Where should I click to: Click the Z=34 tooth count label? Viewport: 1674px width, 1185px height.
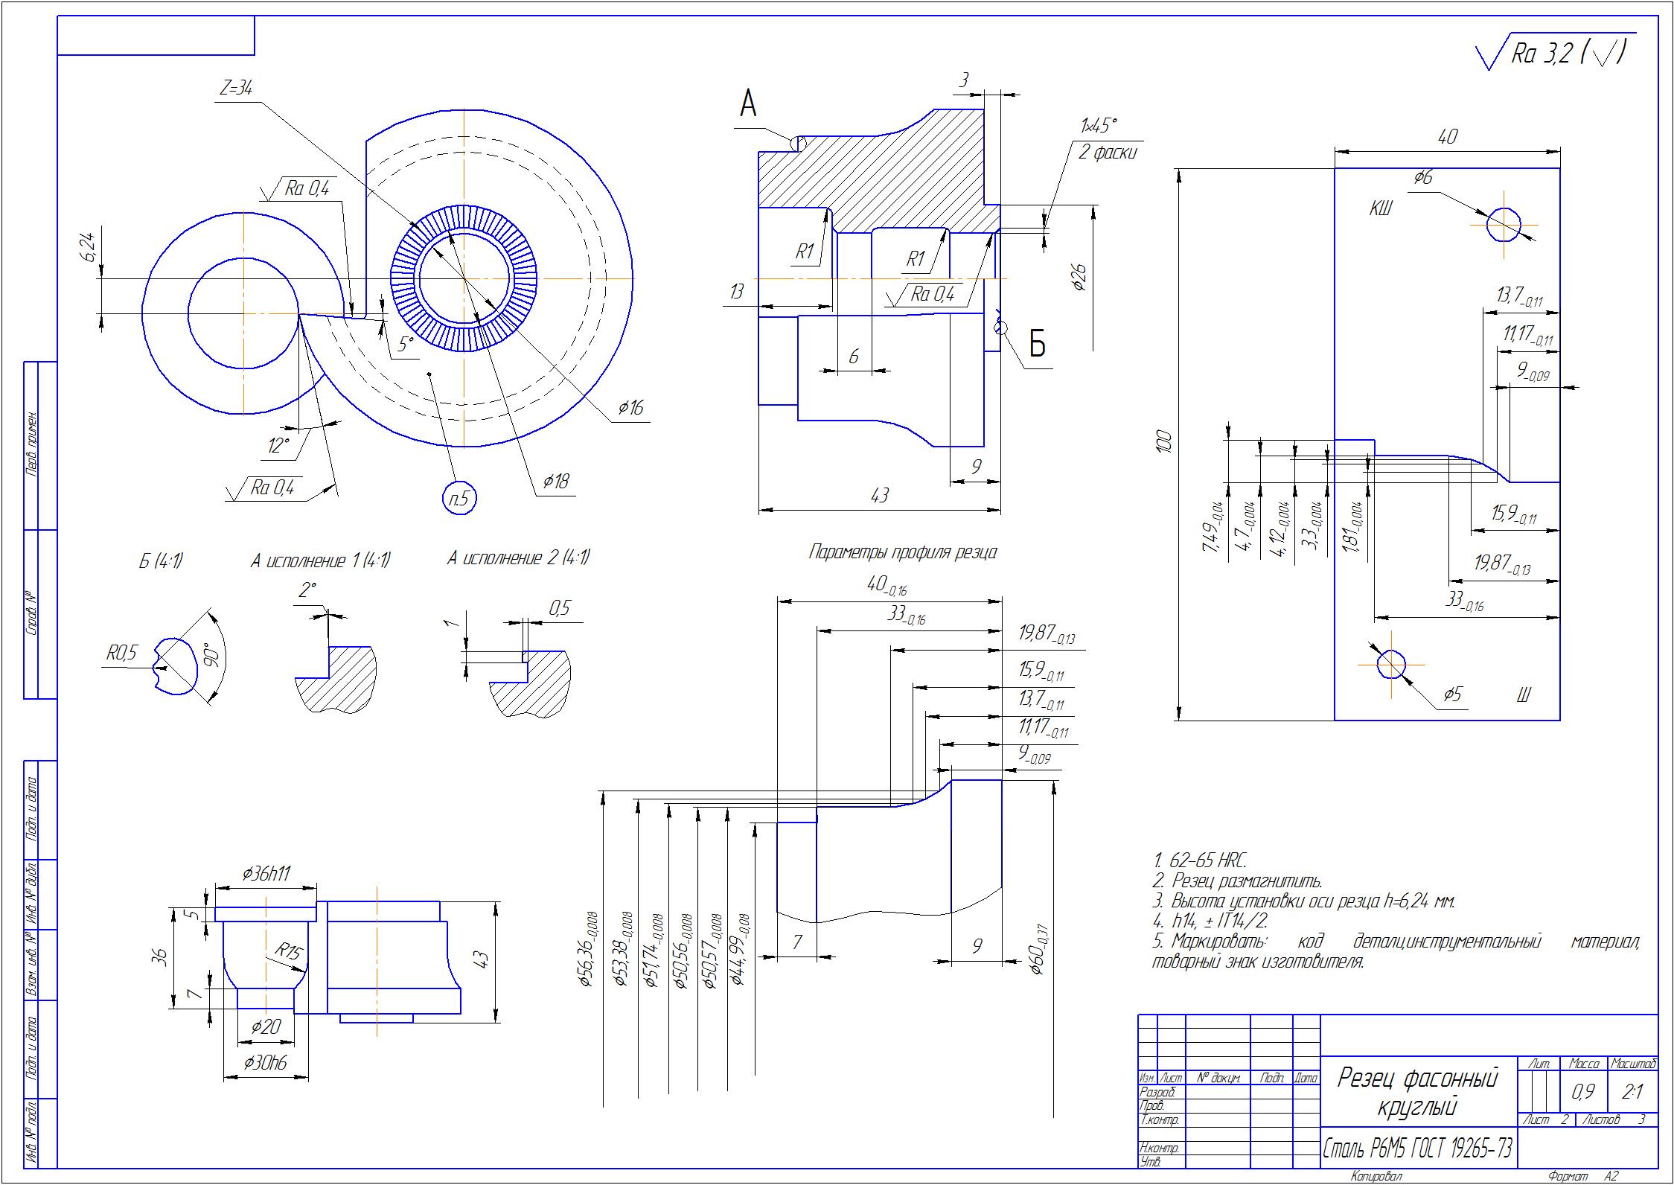coord(236,88)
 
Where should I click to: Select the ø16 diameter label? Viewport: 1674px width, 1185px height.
coord(630,407)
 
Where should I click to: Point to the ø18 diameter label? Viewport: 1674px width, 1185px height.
coord(555,482)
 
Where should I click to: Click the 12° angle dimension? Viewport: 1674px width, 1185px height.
coord(278,445)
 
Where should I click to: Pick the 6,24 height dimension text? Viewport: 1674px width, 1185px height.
coord(90,248)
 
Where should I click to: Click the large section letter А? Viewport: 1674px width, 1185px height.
coord(747,104)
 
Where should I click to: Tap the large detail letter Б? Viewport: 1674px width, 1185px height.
coord(1037,345)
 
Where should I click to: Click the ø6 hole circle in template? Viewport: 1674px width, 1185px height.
coord(1504,224)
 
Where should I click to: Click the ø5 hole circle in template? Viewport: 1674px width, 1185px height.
coord(1390,664)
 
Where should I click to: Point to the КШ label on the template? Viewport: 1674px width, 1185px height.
coord(1381,210)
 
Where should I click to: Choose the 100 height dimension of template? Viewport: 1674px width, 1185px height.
coord(1166,442)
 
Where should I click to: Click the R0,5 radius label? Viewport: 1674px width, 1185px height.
coord(122,654)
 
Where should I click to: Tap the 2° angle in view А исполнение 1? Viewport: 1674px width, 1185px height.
coord(307,590)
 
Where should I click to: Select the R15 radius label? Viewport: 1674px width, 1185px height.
coord(287,951)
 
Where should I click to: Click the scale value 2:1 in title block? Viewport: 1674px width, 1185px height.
coord(1633,1092)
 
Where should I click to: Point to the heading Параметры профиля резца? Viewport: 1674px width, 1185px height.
coord(902,553)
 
